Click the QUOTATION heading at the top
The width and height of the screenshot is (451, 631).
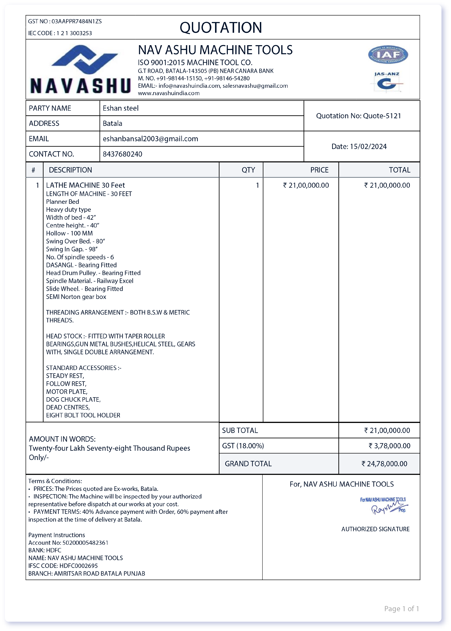coord(221,27)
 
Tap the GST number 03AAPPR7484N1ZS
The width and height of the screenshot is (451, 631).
coord(77,21)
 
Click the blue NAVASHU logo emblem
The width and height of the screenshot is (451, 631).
coord(84,59)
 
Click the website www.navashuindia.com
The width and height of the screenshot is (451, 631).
coord(169,93)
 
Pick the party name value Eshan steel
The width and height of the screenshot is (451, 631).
coord(121,108)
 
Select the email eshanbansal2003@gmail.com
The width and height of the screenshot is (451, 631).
coord(150,139)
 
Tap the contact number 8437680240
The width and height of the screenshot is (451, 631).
coord(122,154)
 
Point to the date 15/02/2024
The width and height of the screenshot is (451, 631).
coord(368,147)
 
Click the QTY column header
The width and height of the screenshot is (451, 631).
coord(248,170)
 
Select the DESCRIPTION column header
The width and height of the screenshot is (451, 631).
coord(70,170)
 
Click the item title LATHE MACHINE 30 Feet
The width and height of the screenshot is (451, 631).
coord(85,185)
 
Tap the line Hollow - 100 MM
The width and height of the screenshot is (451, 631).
coord(69,233)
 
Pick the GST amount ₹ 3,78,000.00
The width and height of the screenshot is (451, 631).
coord(389,446)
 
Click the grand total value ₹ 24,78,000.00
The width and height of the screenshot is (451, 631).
coord(384,464)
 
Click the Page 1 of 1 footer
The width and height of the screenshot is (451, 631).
coord(401,609)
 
